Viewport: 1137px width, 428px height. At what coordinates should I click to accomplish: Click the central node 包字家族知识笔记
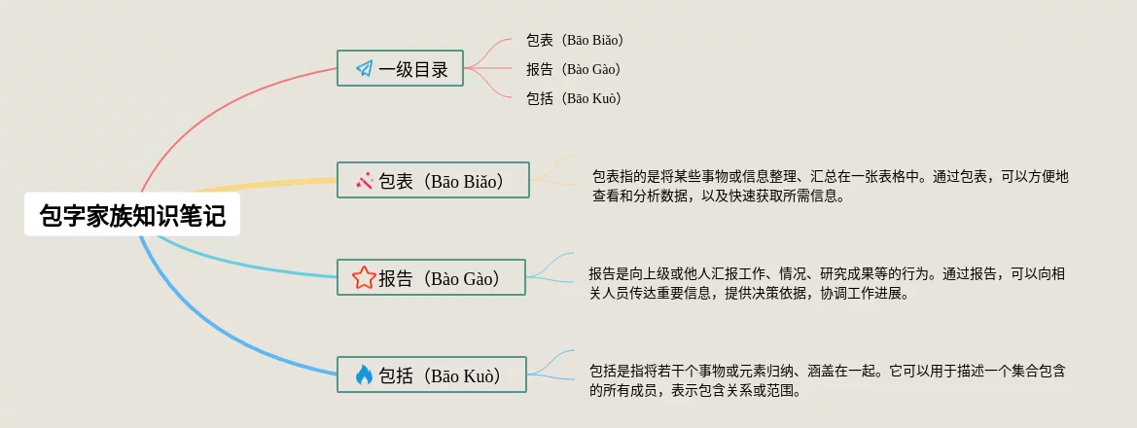(132, 215)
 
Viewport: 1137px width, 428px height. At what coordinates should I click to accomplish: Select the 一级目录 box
(400, 68)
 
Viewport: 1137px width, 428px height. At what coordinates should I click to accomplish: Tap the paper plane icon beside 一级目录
(364, 69)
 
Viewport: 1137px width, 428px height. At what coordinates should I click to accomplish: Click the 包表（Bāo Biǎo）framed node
(433, 180)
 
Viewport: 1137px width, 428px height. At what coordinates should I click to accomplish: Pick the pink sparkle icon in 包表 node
(364, 181)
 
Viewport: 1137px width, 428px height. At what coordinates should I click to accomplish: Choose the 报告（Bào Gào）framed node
(431, 278)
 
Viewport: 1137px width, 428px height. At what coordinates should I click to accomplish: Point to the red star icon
(364, 278)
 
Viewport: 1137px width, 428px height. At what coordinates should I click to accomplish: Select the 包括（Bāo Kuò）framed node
(432, 375)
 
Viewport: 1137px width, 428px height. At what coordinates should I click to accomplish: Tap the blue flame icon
(364, 375)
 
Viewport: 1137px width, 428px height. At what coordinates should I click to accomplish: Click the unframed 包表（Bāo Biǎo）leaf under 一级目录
(575, 40)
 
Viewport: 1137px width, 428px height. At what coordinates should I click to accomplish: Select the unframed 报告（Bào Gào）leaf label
(574, 69)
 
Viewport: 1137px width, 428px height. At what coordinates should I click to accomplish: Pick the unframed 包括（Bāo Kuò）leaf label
(574, 98)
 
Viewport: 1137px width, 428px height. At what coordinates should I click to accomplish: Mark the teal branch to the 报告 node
(239, 264)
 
